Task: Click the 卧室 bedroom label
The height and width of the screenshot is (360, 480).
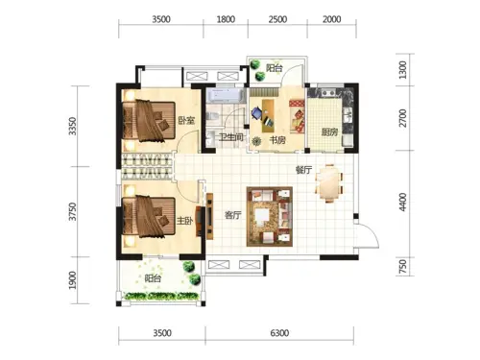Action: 186,121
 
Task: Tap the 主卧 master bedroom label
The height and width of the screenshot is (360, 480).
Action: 184,221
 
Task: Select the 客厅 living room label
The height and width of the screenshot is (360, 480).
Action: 232,215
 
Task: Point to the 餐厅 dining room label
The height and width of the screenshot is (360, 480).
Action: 303,170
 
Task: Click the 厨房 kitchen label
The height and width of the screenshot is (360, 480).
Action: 329,132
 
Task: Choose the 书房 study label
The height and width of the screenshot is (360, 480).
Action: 277,140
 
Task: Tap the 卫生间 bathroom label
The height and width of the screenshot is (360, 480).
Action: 230,137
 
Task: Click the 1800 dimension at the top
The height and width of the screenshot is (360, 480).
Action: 226,19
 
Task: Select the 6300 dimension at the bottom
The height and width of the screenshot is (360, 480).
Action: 279,333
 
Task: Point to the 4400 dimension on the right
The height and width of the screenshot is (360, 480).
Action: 403,202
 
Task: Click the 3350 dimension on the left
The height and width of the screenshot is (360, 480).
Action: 73,126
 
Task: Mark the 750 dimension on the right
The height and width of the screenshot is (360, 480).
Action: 403,267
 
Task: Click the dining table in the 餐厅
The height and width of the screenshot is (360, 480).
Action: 329,183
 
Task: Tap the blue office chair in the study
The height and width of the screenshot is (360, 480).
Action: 257,113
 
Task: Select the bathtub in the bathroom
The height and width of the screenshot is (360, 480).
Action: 226,95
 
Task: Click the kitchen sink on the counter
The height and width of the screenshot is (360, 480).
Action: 348,115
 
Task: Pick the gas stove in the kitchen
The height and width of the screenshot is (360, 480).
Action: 328,93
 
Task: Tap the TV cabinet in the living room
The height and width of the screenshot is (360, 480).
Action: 210,216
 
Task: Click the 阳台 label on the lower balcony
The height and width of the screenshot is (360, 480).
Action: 153,278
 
